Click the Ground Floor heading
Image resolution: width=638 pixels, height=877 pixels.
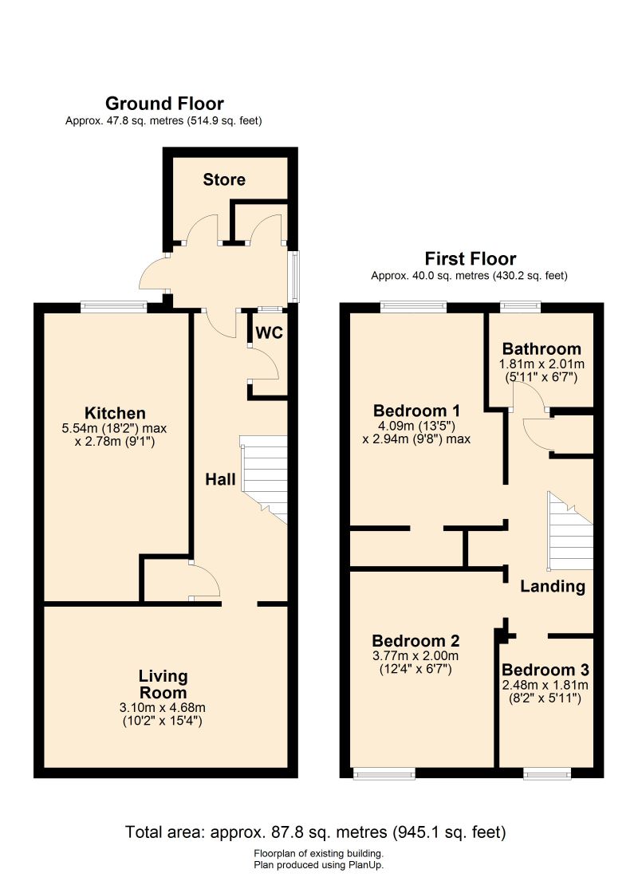click(164, 104)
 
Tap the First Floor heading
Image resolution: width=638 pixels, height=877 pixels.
click(470, 258)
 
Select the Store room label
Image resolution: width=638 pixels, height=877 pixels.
click(224, 179)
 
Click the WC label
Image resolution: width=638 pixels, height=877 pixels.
click(270, 332)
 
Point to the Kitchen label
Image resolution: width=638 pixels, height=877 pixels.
click(115, 413)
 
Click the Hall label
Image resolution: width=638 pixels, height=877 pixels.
click(220, 479)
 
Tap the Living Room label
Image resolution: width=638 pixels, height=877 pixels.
click(163, 684)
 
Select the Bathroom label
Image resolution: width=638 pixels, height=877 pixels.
click(542, 349)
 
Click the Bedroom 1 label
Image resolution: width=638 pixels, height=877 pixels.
click(416, 411)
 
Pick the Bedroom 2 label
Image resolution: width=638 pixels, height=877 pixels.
click(415, 640)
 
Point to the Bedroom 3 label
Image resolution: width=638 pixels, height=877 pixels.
click(545, 670)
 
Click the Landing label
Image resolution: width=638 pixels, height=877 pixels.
click(553, 586)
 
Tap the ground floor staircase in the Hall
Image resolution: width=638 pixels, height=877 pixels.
click(264, 479)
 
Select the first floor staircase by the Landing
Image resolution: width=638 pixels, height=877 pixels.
click(569, 530)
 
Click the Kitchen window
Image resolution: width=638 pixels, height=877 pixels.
click(113, 306)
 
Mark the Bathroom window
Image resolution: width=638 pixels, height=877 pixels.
click(521, 306)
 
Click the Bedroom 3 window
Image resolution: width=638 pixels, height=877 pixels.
click(547, 773)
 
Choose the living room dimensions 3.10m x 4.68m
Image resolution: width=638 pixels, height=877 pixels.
click(163, 707)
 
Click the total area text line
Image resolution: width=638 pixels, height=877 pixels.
click(316, 832)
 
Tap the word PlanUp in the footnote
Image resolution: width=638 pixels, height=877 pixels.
click(364, 865)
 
